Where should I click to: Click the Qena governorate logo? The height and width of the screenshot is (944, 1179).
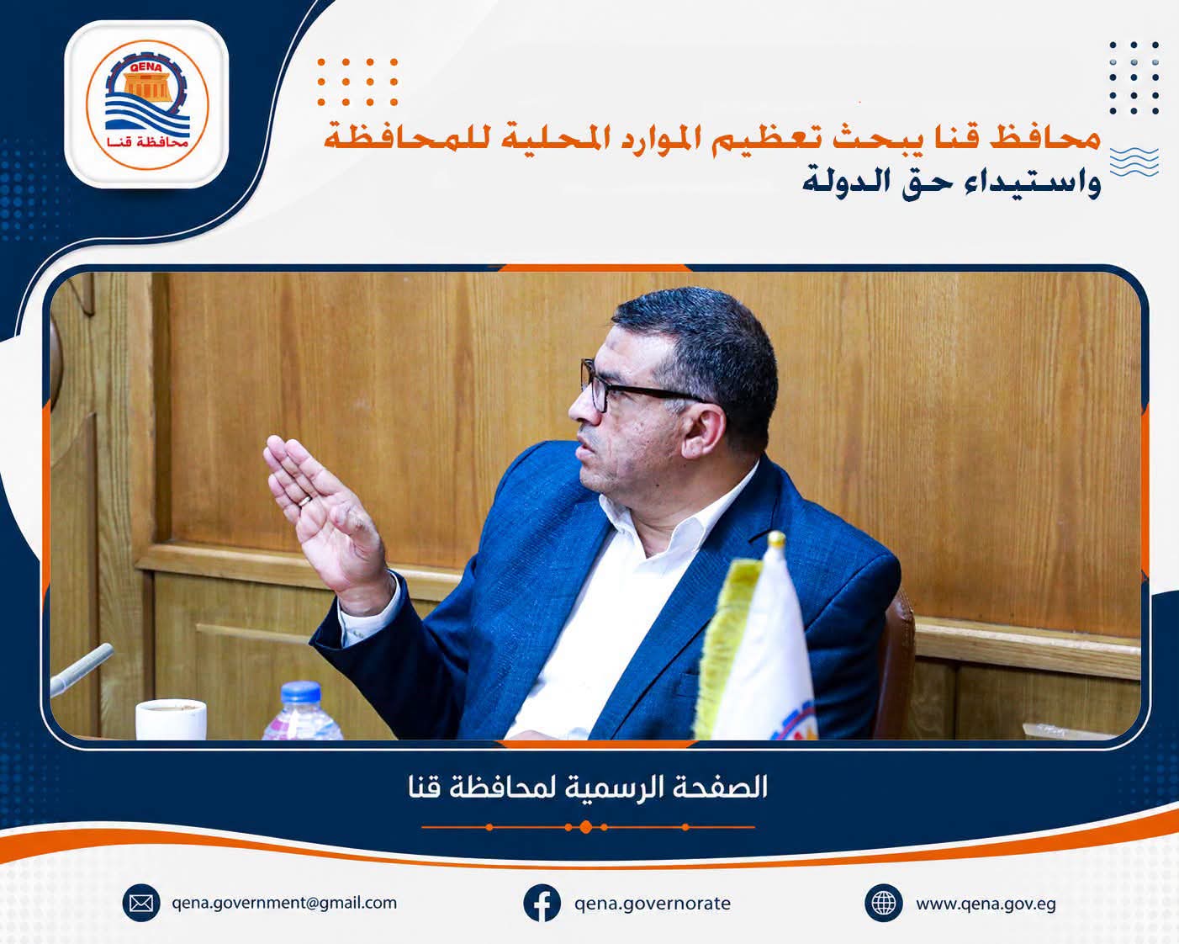147,104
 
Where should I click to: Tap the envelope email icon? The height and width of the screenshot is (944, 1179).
141,903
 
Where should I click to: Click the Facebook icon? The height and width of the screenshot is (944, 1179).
542,903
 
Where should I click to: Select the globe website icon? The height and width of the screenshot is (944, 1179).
883,903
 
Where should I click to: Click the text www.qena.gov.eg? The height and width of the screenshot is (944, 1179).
986,904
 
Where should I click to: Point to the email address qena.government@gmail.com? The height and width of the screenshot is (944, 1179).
284,903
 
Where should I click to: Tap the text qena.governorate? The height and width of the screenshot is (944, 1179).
653,904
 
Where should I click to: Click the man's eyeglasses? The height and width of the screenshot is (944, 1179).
638,386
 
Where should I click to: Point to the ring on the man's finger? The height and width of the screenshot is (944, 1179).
304,500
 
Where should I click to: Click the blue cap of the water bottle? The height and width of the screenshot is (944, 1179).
300,692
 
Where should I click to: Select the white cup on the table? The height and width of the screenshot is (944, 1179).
171,719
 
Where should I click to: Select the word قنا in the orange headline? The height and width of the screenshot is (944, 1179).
956,138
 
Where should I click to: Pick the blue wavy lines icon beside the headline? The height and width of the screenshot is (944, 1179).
1134,162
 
